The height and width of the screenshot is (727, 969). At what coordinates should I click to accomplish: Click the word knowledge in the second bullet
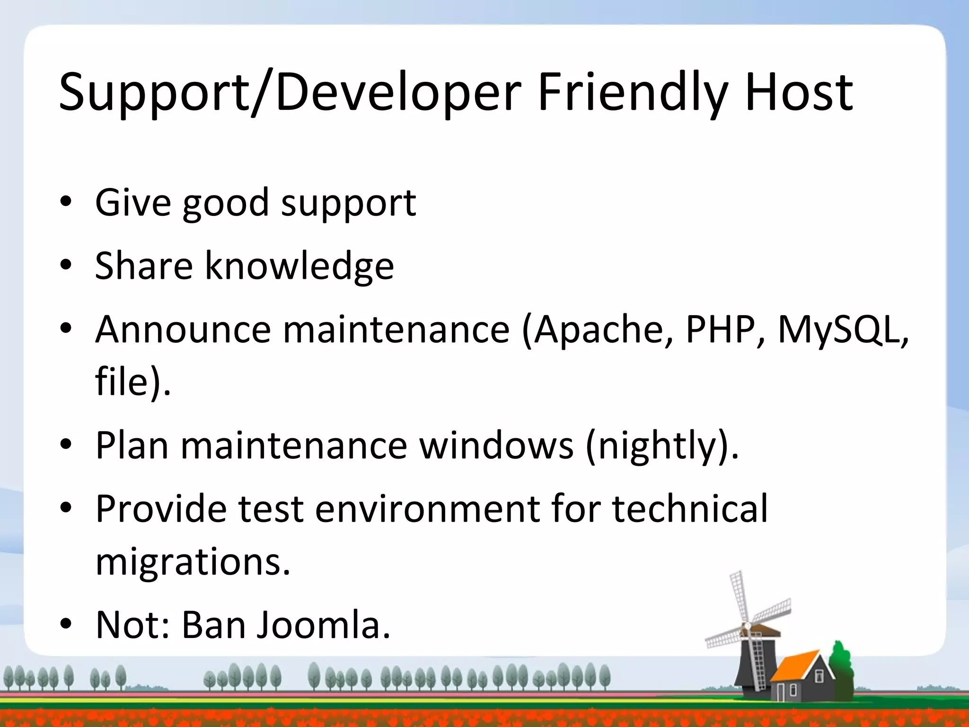[299, 266]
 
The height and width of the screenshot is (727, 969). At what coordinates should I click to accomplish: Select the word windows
[497, 446]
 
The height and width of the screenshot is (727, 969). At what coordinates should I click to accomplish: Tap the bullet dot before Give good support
[66, 203]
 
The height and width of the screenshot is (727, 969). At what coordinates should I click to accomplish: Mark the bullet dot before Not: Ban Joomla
[66, 625]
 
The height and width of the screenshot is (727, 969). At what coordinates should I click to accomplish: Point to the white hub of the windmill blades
[747, 626]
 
